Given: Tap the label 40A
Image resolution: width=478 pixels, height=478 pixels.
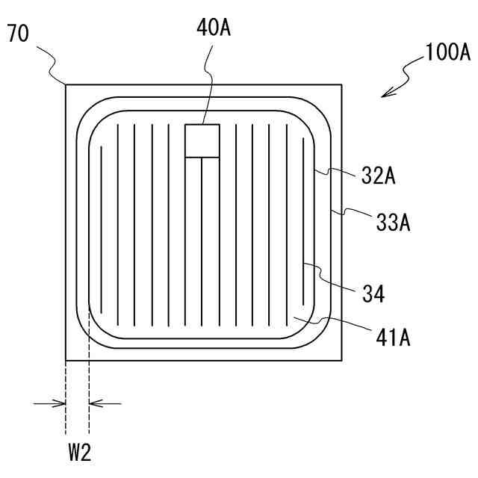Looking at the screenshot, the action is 214,28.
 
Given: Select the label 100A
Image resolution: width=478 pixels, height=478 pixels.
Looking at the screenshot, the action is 447,52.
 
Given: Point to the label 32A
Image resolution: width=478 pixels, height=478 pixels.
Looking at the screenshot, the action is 379,176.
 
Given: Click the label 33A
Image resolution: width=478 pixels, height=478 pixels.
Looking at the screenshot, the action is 393,223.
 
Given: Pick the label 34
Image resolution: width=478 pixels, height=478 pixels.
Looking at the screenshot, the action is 373,294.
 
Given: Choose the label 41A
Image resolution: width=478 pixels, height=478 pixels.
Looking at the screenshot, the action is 393,338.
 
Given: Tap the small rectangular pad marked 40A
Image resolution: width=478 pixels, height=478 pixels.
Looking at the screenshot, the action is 202,141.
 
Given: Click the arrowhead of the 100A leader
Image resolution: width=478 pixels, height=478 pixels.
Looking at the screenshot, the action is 385,93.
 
